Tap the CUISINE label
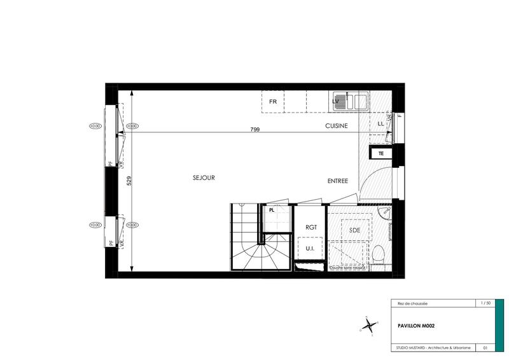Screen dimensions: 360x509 [x=337, y=126]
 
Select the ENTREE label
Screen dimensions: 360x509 [x=338, y=181]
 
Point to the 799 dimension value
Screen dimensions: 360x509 [x=255, y=129]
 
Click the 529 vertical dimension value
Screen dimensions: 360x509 [x=129, y=180]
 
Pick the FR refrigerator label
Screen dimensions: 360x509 [x=273, y=102]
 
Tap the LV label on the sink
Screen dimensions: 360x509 [x=337, y=101]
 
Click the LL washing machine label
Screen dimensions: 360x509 [x=381, y=123]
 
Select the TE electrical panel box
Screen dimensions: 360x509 [x=382, y=153]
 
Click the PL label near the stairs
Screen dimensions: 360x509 [x=272, y=209]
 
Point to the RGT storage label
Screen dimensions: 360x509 [x=311, y=227]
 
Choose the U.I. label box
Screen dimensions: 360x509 [x=311, y=247]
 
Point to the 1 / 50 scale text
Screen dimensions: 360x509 [x=486, y=303]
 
